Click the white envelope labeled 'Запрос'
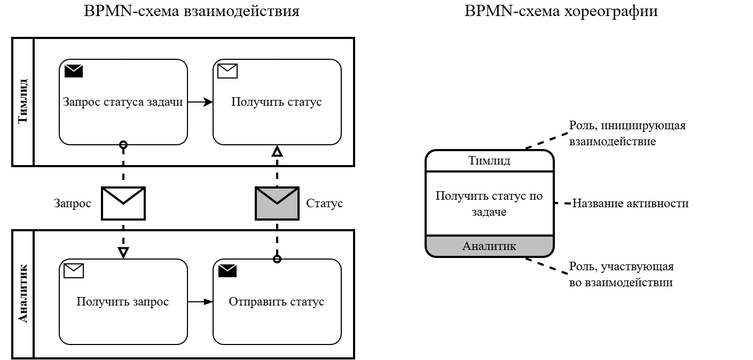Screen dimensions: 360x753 123,203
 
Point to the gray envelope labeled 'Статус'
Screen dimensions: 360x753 277,203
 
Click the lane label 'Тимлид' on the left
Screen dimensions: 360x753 22,101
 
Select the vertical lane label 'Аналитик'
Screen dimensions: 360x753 22,294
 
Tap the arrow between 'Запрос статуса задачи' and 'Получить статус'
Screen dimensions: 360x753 200,102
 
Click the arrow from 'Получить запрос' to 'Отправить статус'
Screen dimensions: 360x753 200,302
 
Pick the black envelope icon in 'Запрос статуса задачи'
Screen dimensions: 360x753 74,71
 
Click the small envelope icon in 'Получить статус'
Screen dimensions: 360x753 228,71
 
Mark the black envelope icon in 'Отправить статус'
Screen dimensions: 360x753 228,271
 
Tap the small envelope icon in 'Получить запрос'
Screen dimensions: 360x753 74,271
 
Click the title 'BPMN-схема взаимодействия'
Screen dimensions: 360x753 192,12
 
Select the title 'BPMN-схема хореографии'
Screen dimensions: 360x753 561,12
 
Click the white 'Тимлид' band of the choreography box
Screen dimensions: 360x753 489,161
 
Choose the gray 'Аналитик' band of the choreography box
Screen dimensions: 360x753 489,246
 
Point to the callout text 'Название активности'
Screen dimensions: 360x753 630,204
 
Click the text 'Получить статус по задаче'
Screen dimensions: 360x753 489,204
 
